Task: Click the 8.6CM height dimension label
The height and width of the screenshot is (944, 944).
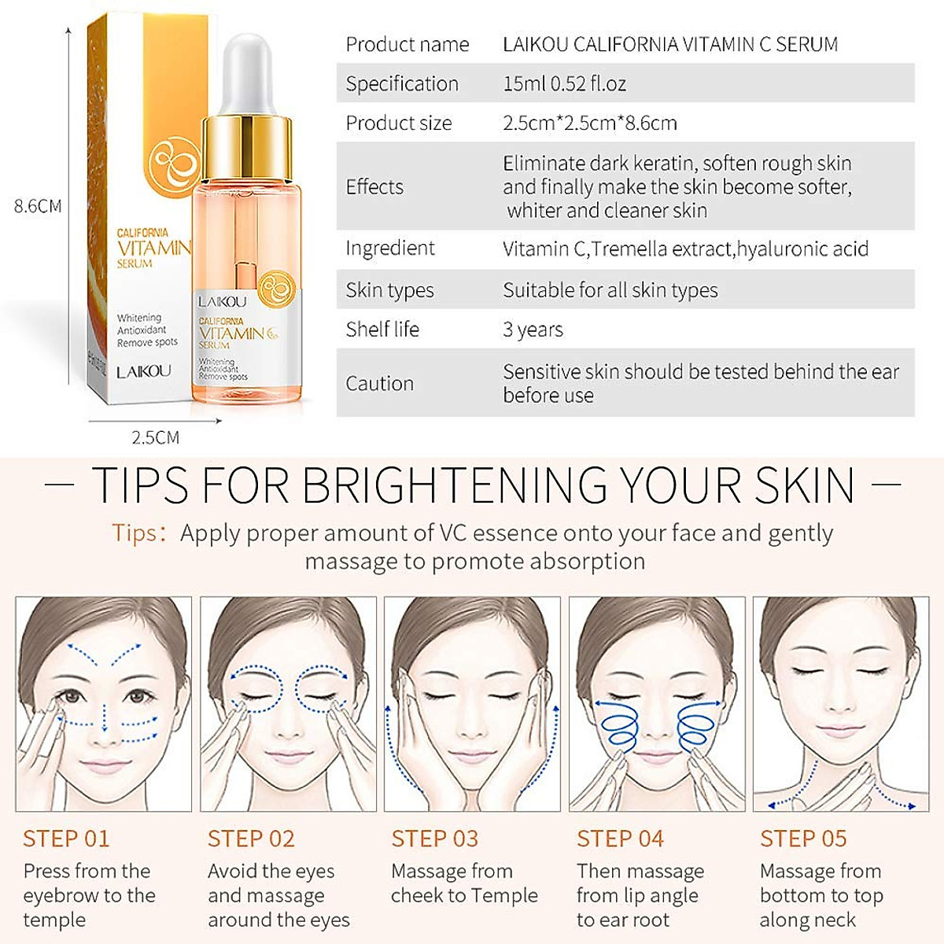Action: point(38,206)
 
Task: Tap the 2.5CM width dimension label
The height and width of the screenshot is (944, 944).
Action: point(155,437)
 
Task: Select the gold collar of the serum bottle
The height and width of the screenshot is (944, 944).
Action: point(247,146)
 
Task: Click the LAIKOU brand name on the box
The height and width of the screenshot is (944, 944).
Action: point(143,371)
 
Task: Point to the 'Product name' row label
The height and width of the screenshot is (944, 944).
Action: point(407,44)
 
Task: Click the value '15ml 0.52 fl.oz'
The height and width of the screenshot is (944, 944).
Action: point(564,83)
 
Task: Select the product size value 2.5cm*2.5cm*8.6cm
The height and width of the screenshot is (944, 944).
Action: point(589,123)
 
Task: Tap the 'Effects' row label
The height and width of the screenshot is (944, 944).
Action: point(374,186)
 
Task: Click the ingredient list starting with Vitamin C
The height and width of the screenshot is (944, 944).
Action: point(685,249)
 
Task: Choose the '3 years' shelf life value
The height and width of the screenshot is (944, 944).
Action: point(533,329)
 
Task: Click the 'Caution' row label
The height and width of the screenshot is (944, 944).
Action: point(379,383)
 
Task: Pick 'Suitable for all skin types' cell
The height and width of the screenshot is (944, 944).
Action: point(610,289)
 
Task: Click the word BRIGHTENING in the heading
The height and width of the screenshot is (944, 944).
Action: point(454,485)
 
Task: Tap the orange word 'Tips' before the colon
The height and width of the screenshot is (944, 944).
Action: point(135,533)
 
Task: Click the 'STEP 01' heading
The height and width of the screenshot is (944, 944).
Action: point(66,839)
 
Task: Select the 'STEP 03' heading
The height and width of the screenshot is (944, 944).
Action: point(434,839)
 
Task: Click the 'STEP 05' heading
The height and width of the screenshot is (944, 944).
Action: point(803,839)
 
